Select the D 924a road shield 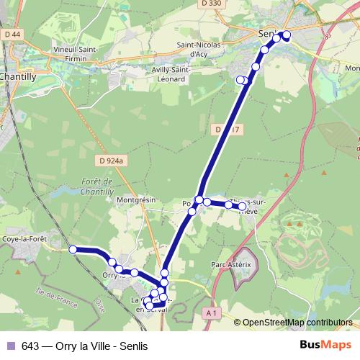(112, 161)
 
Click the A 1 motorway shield (211, 312)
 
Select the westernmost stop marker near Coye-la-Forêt (73, 249)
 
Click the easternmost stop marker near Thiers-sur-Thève (243, 207)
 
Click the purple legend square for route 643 (9, 346)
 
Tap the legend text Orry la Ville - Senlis (84, 346)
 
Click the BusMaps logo (325, 345)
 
